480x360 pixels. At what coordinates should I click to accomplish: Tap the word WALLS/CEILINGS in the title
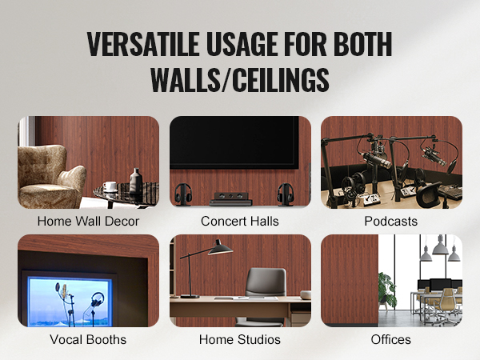pos(239,80)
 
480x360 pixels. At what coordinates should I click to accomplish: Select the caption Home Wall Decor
pos(88,222)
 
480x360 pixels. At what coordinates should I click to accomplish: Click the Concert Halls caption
pos(239,222)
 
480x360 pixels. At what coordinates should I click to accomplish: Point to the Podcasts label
pos(390,222)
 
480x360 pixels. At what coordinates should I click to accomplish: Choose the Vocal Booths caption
pos(88,340)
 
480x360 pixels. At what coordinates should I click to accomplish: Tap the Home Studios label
pos(239,340)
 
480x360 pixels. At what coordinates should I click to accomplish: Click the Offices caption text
pos(390,340)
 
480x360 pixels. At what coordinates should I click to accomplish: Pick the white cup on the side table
pos(110,186)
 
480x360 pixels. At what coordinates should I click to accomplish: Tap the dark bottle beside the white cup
pos(136,181)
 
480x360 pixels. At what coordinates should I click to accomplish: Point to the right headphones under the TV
pos(284,194)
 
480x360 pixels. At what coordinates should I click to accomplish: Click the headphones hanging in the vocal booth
pos(97,300)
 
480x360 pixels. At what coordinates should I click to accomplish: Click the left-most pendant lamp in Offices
pos(426,256)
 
